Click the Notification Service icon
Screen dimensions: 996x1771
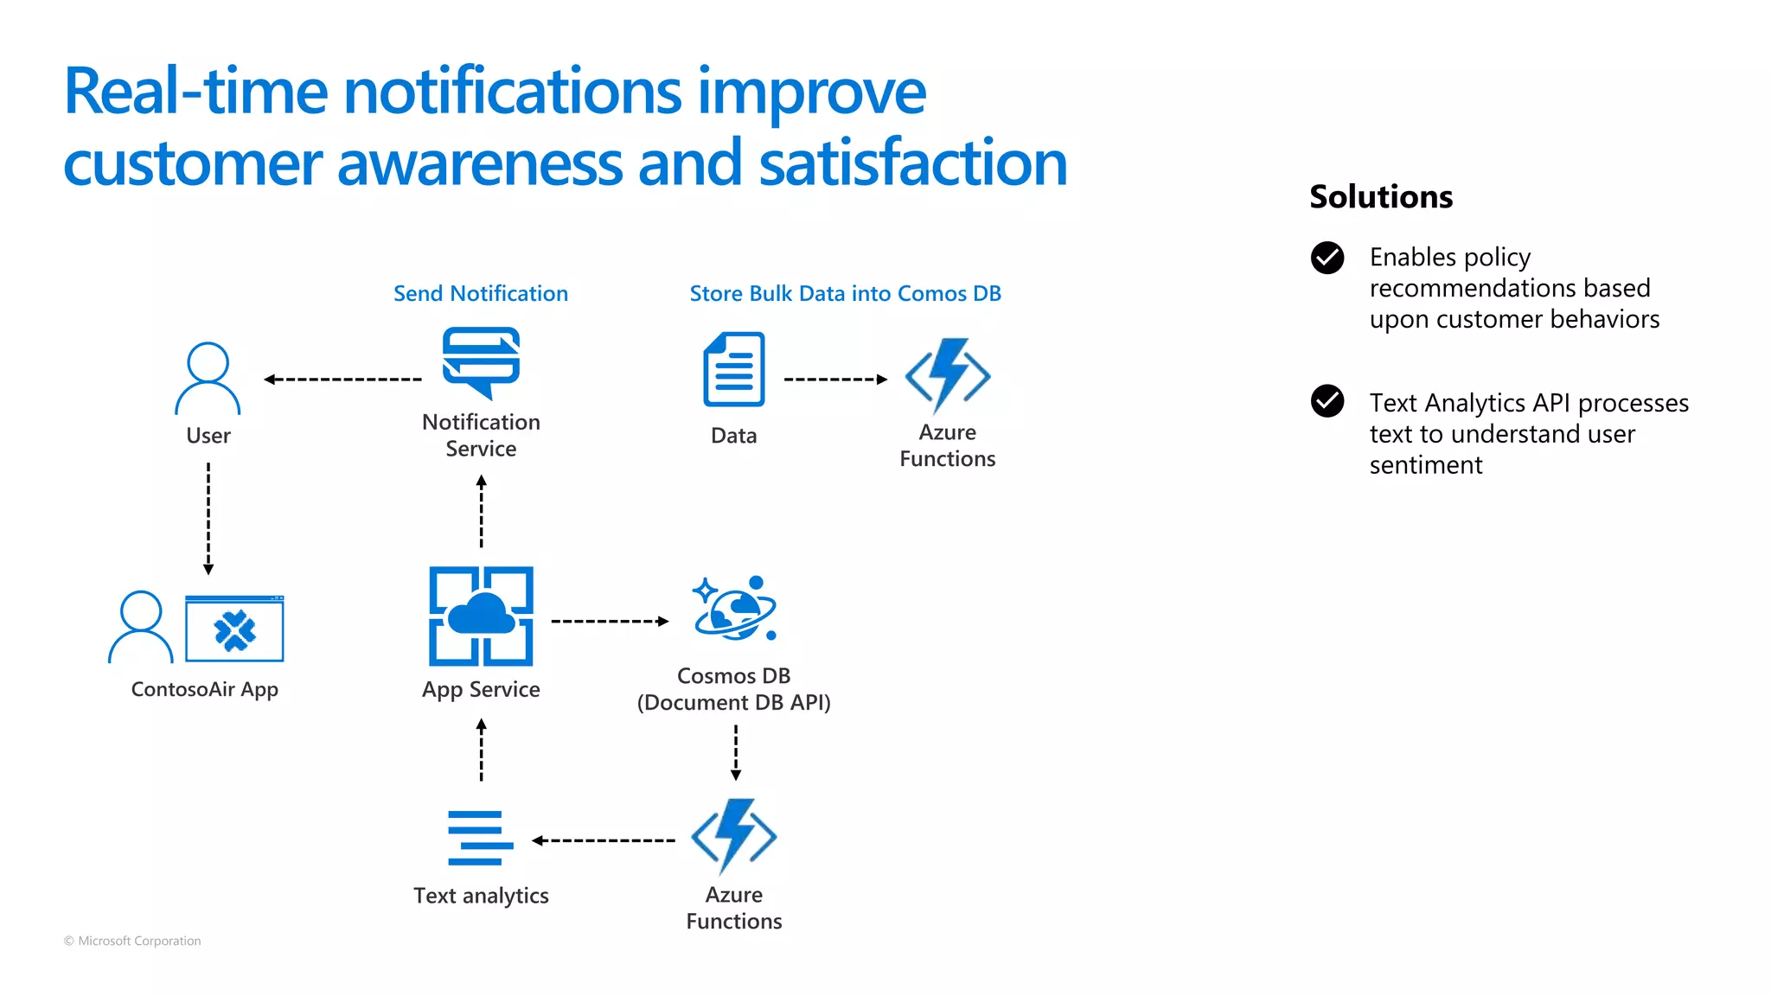coord(481,362)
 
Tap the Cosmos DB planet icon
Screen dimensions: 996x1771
coord(734,609)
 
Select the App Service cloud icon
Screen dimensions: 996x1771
coord(481,616)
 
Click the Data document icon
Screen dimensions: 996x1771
coord(734,369)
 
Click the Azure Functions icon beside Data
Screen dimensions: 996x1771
coord(948,375)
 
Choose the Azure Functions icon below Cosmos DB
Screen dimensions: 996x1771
coord(734,836)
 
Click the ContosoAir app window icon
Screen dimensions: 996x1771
coord(234,629)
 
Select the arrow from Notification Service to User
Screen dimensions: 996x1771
coord(342,380)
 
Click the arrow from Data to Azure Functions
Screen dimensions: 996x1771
coord(835,380)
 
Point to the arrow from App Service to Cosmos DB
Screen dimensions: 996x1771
coord(610,622)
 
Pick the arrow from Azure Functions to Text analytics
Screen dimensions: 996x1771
coord(604,840)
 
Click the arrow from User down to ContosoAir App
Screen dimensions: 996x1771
coord(208,518)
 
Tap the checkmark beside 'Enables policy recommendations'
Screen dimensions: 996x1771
coord(1327,258)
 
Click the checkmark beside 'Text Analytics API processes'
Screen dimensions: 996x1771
coord(1327,401)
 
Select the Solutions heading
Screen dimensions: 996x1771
coord(1381,197)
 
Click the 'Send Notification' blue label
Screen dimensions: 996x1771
coord(481,294)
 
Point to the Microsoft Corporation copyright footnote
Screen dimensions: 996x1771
coord(132,941)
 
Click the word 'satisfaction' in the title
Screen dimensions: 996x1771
coord(913,163)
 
